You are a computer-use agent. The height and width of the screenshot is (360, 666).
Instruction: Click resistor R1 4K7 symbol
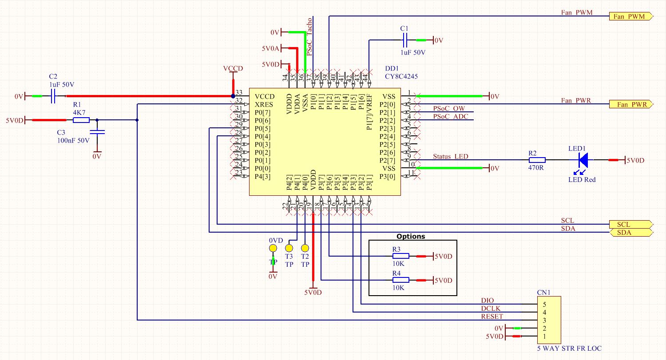[81, 120]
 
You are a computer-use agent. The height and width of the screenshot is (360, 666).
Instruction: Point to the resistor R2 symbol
[536, 160]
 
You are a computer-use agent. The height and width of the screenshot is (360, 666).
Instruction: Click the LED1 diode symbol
[583, 160]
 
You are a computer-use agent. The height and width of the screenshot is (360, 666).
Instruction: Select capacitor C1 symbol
[404, 40]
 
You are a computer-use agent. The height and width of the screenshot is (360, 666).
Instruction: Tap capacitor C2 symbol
[53, 96]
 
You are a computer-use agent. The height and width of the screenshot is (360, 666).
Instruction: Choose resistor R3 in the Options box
[400, 256]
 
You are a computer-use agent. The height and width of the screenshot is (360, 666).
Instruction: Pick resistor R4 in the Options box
[400, 280]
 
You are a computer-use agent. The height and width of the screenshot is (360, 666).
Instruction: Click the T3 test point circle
[289, 248]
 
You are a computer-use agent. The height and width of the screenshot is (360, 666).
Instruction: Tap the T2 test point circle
[305, 248]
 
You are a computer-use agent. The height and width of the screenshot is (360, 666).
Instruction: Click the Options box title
[411, 237]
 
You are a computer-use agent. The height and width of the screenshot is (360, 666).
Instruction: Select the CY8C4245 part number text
[401, 76]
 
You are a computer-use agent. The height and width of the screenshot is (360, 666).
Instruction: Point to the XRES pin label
[264, 104]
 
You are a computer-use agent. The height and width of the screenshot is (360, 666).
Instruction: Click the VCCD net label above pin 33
[233, 69]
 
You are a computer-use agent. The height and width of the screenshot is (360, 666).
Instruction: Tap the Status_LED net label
[450, 156]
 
